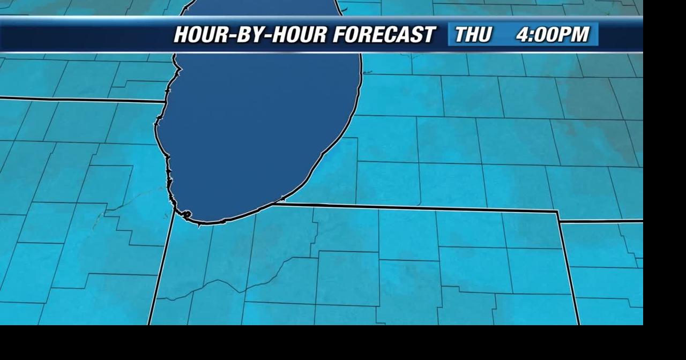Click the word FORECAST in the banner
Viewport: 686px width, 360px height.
click(x=383, y=35)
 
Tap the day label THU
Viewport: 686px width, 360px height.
click(x=473, y=35)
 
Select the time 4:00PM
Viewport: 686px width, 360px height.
click(x=553, y=35)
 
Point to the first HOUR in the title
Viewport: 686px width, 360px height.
click(x=202, y=35)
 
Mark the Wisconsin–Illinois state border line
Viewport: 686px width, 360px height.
click(x=80, y=99)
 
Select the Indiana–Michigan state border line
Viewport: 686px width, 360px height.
click(x=418, y=207)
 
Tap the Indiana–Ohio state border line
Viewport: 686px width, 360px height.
click(x=568, y=268)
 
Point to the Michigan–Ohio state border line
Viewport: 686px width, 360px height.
click(x=600, y=221)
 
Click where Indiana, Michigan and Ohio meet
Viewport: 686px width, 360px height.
click(x=558, y=212)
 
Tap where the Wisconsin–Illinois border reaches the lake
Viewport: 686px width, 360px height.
click(x=165, y=101)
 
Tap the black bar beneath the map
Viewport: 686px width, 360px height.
click(x=343, y=343)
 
